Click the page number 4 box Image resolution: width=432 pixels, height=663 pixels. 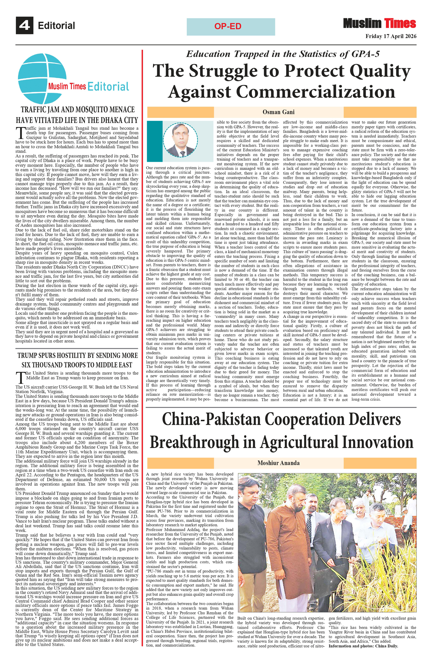click(x=24, y=26)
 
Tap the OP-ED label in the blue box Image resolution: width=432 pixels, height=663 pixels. click(x=228, y=27)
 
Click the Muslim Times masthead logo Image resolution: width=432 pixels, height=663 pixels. click(x=379, y=24)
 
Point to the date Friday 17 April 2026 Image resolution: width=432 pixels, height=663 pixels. click(x=391, y=36)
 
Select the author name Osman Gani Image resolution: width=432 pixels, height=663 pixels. click(x=279, y=112)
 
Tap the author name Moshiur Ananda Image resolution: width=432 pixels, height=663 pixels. click(x=278, y=463)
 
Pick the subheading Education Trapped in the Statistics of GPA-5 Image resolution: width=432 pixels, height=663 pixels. click(x=283, y=54)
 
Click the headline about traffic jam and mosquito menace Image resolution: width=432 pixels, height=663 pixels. click(x=77, y=115)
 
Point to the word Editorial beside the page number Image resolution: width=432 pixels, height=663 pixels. click(x=57, y=26)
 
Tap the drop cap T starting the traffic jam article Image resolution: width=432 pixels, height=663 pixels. click(x=21, y=132)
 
